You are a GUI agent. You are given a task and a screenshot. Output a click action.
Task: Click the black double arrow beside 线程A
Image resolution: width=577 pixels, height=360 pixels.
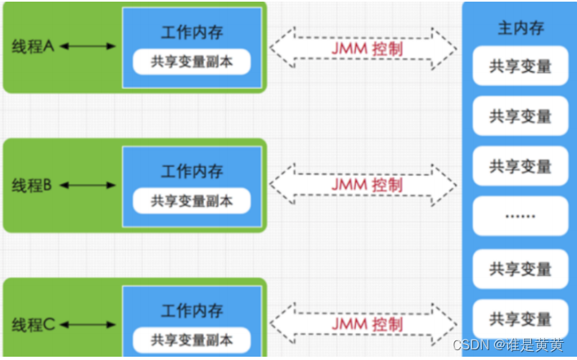88,47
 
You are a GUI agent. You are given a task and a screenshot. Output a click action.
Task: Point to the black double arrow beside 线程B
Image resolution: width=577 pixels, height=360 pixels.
88,186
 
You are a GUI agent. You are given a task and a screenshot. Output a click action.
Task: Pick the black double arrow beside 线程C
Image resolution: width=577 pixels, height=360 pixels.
88,325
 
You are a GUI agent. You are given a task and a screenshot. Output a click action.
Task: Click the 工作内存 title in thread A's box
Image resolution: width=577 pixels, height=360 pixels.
192,34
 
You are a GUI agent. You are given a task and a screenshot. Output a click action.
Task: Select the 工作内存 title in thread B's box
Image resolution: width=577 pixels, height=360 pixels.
192,173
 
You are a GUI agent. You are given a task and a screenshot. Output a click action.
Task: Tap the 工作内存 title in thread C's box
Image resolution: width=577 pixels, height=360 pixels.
192,312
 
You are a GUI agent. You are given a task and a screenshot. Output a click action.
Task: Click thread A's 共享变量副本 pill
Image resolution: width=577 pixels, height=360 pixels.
192,61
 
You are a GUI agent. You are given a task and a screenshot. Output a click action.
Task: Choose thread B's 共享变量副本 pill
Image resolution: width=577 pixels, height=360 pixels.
192,200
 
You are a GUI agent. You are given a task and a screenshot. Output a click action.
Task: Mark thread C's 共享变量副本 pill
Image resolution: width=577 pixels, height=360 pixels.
192,339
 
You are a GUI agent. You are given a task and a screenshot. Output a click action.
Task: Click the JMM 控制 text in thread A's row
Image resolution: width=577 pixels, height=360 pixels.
367,48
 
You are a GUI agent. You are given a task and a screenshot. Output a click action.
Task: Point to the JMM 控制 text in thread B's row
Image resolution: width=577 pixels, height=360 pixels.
367,186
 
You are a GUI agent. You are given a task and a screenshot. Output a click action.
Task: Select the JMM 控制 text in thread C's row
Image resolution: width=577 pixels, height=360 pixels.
367,324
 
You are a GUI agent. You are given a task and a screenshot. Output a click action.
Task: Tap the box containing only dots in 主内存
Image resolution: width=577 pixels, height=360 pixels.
521,217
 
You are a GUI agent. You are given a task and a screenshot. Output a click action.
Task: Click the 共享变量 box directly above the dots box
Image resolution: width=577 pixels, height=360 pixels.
521,167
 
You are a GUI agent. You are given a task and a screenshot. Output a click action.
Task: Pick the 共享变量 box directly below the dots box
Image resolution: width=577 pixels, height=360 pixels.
521,268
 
